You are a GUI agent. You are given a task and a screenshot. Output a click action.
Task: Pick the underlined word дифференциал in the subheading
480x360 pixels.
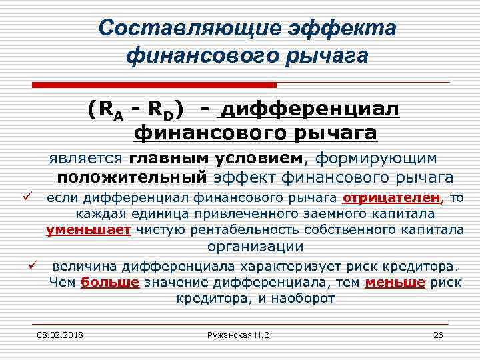pos(309,108)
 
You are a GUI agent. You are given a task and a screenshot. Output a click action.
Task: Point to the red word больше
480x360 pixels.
pos(109,282)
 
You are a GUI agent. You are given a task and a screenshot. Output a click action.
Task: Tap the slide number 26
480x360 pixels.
pos(438,335)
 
